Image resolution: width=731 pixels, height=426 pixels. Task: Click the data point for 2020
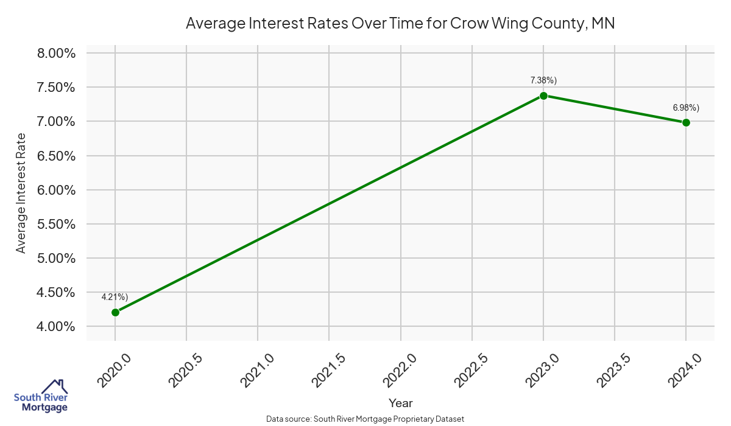115,312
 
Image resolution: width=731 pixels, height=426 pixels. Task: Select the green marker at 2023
543,96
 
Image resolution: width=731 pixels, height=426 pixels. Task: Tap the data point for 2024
686,122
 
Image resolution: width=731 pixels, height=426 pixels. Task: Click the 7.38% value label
543,80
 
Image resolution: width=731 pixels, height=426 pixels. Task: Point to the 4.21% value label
115,297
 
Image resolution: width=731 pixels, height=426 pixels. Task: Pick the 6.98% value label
686,108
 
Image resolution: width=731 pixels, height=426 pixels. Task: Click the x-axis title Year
400,403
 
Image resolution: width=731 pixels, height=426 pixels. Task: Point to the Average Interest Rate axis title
21,192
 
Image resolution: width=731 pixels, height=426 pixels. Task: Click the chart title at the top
400,24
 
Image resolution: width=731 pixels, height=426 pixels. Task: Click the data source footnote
365,419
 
